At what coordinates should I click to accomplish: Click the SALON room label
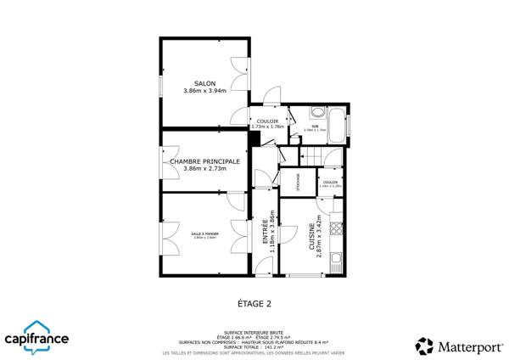pyautogui.click(x=204, y=83)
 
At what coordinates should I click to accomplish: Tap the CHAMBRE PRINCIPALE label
pyautogui.click(x=204, y=160)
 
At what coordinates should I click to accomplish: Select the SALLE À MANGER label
pyautogui.click(x=204, y=233)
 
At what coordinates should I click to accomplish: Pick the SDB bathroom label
pyautogui.click(x=314, y=127)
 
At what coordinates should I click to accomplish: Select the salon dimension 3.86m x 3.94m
pyautogui.click(x=204, y=91)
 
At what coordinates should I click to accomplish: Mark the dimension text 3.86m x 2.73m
pyautogui.click(x=204, y=168)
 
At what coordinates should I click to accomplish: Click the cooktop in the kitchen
pyautogui.click(x=338, y=228)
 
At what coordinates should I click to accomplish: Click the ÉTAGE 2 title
pyautogui.click(x=254, y=302)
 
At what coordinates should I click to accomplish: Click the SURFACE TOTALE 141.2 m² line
pyautogui.click(x=254, y=346)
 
